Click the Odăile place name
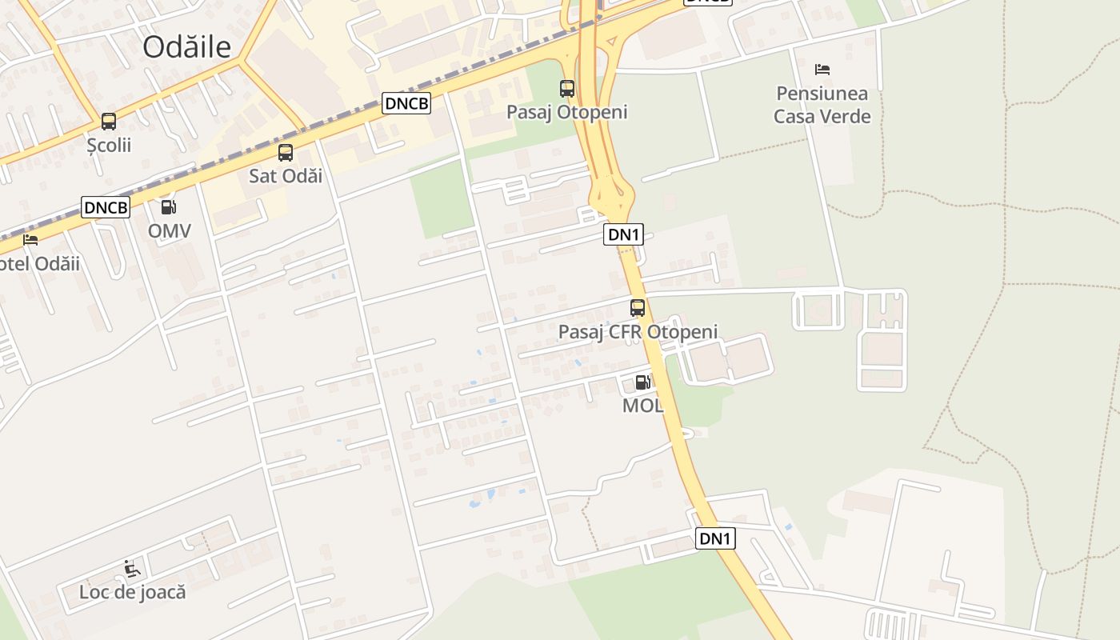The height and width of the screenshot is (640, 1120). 187,47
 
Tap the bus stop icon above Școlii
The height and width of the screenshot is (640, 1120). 109,122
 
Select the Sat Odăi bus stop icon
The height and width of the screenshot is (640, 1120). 286,152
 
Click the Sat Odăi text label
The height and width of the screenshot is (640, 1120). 286,176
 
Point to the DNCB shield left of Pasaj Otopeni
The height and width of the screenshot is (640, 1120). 406,103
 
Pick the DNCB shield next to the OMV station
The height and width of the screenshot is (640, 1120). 106,207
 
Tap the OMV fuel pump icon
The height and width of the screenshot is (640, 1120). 169,207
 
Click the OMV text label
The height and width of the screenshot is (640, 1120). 170,231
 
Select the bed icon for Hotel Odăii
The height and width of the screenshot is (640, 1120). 30,239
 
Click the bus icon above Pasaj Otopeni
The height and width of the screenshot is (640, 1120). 567,88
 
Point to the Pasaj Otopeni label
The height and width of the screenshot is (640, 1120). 567,112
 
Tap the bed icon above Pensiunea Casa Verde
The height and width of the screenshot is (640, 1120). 822,70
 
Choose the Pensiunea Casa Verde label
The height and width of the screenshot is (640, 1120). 822,105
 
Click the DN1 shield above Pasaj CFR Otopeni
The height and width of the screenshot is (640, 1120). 623,234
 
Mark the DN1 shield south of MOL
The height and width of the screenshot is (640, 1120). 715,538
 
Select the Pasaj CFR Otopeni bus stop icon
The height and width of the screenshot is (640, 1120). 638,307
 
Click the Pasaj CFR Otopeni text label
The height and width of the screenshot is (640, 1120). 638,331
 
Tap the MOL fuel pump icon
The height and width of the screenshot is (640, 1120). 642,382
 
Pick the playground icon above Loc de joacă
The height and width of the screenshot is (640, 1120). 133,569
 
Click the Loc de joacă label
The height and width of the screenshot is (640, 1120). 133,593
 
